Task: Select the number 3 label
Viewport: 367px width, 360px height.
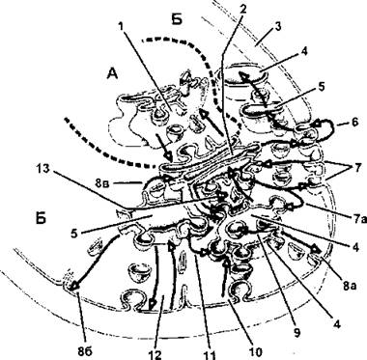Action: click(x=277, y=27)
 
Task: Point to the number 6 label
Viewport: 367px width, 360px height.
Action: click(x=354, y=123)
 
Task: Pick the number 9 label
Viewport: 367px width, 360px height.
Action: click(x=297, y=333)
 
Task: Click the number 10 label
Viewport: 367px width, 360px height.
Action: click(x=256, y=351)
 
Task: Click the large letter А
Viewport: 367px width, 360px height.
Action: click(x=112, y=74)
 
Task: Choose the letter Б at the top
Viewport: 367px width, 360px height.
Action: click(x=177, y=20)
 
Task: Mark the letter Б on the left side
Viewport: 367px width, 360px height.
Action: click(x=41, y=218)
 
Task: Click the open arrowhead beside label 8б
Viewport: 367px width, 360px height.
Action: click(x=74, y=286)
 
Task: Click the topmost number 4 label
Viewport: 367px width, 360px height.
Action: click(x=305, y=51)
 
